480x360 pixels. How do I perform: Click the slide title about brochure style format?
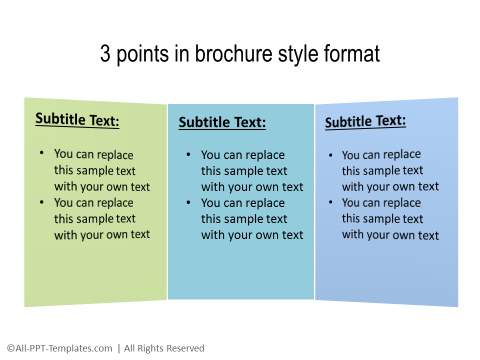click(240, 54)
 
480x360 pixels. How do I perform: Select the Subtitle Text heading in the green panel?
click(77, 120)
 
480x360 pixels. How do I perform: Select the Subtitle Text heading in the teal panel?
click(222, 122)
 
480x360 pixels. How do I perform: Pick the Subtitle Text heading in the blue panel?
click(365, 121)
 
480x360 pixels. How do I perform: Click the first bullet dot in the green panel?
click(41, 154)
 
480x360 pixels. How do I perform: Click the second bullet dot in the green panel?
click(41, 202)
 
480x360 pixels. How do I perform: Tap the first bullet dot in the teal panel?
click(188, 155)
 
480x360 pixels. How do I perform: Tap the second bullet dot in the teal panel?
click(188, 203)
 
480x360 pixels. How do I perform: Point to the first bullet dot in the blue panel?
click(332, 155)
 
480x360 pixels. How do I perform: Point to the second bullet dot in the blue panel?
click(332, 202)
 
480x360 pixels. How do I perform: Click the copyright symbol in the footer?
click(10, 348)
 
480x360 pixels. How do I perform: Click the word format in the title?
click(349, 54)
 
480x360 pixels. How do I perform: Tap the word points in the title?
click(144, 54)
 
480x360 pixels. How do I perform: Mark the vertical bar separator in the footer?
click(118, 348)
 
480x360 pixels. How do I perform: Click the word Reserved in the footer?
click(183, 348)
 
